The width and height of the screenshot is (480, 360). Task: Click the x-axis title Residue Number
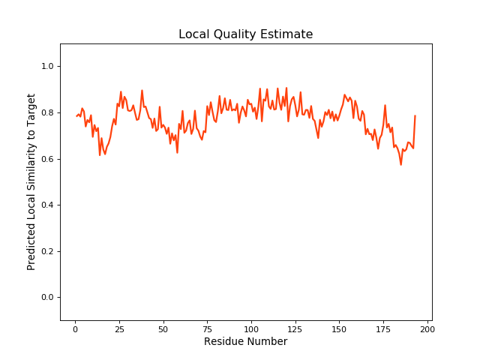point(245,342)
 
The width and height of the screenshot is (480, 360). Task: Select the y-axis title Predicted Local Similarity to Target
point(31,182)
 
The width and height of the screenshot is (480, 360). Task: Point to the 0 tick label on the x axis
point(75,328)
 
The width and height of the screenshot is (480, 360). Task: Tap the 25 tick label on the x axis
point(119,328)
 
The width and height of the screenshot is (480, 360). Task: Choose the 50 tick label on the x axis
point(163,328)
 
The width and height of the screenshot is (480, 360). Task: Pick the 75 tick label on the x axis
point(207,328)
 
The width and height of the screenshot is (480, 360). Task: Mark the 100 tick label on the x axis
point(251,328)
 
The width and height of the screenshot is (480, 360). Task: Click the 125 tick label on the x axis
point(295,328)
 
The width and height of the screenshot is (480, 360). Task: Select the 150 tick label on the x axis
point(340,328)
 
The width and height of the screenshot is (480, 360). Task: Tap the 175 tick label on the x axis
point(383,328)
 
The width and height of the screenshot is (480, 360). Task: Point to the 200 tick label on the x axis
point(427,328)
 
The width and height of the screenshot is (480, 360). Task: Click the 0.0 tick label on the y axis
point(46,298)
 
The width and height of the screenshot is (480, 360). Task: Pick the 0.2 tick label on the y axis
point(46,251)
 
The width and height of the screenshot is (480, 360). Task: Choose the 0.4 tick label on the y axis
point(46,205)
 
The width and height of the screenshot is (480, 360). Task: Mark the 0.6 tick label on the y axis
point(46,159)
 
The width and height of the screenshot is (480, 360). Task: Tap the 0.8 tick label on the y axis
point(46,113)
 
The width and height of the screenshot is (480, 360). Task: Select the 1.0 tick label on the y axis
point(46,67)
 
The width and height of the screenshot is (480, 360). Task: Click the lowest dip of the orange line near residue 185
point(400,164)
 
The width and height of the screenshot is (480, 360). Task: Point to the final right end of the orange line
point(415,116)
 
